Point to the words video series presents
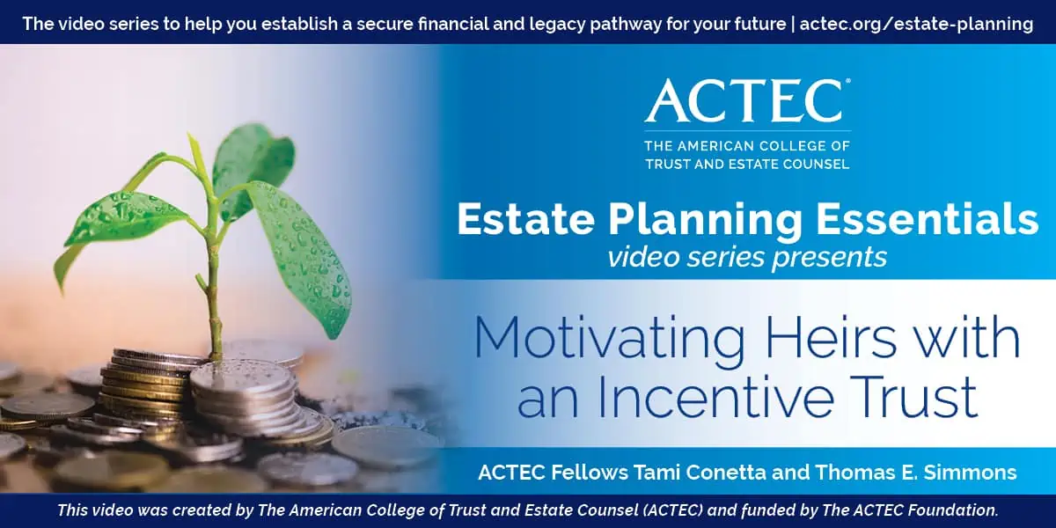[746, 257]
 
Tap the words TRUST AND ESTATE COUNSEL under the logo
[747, 164]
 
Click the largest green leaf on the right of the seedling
[304, 255]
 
